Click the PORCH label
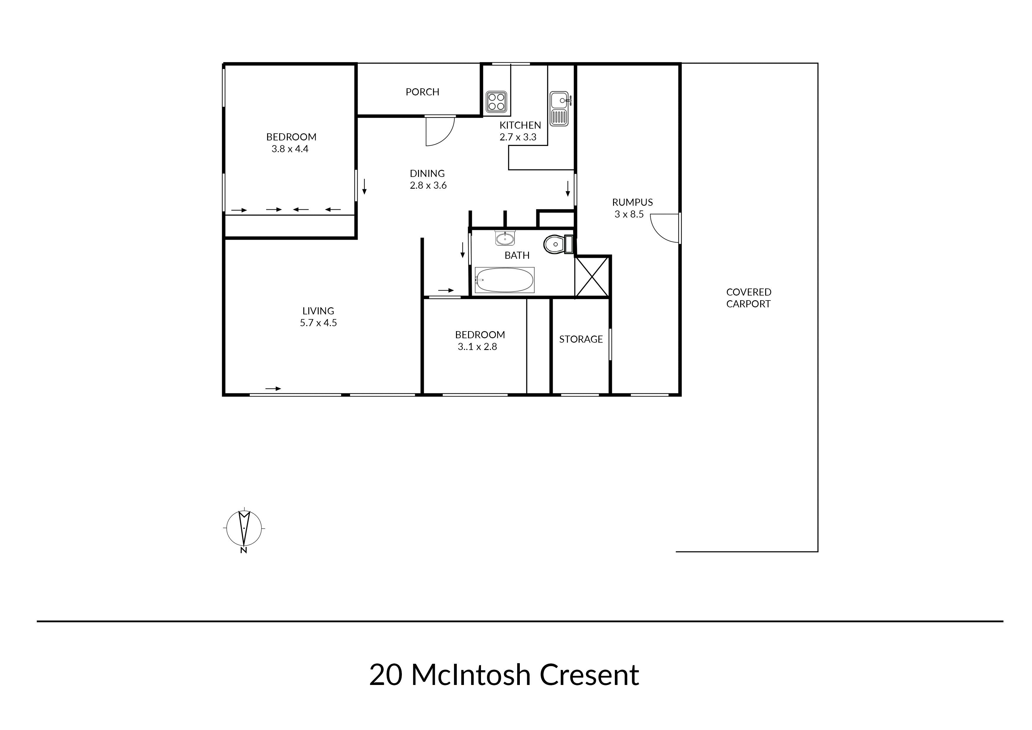click(x=422, y=92)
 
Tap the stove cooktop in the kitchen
click(x=496, y=102)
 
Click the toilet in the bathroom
click(x=558, y=244)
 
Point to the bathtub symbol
click(x=504, y=280)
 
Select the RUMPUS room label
click(x=632, y=203)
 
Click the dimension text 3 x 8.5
click(x=629, y=214)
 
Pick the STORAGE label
click(x=581, y=339)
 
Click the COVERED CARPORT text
click(x=748, y=298)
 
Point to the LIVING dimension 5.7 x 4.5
click(x=318, y=323)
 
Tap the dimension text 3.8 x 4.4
click(x=290, y=149)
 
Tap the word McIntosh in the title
click(x=471, y=675)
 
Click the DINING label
click(x=427, y=173)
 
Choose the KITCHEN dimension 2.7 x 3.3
click(x=518, y=137)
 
